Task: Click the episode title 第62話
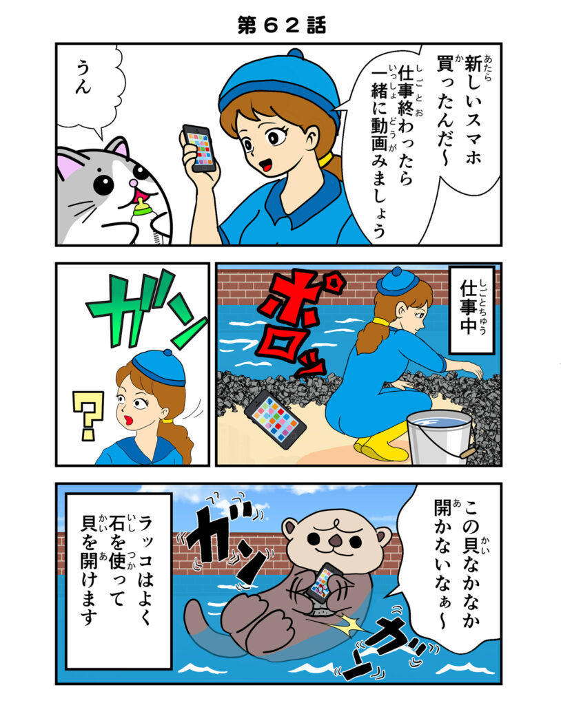(281, 25)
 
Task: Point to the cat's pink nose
(133, 183)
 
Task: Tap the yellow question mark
(88, 414)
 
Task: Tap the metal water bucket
(440, 436)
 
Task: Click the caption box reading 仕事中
(472, 309)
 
